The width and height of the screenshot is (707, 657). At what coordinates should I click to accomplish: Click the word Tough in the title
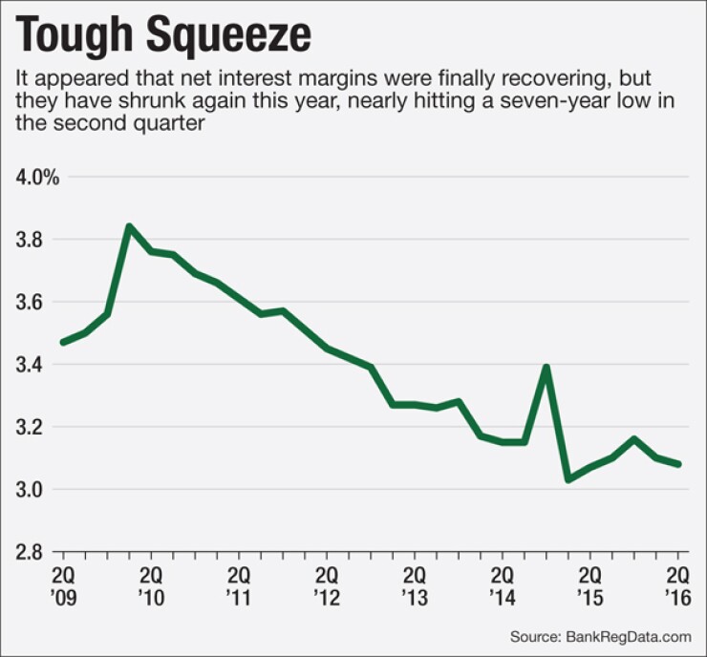click(77, 35)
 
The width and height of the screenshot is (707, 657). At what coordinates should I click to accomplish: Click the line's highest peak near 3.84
click(129, 227)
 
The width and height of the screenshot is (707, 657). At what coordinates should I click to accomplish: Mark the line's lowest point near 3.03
click(568, 479)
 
